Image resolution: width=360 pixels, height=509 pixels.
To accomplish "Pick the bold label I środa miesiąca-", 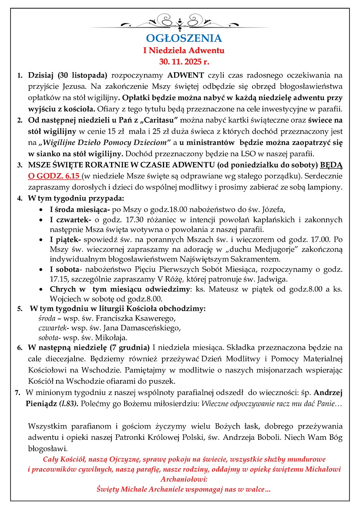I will click(81, 209).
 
